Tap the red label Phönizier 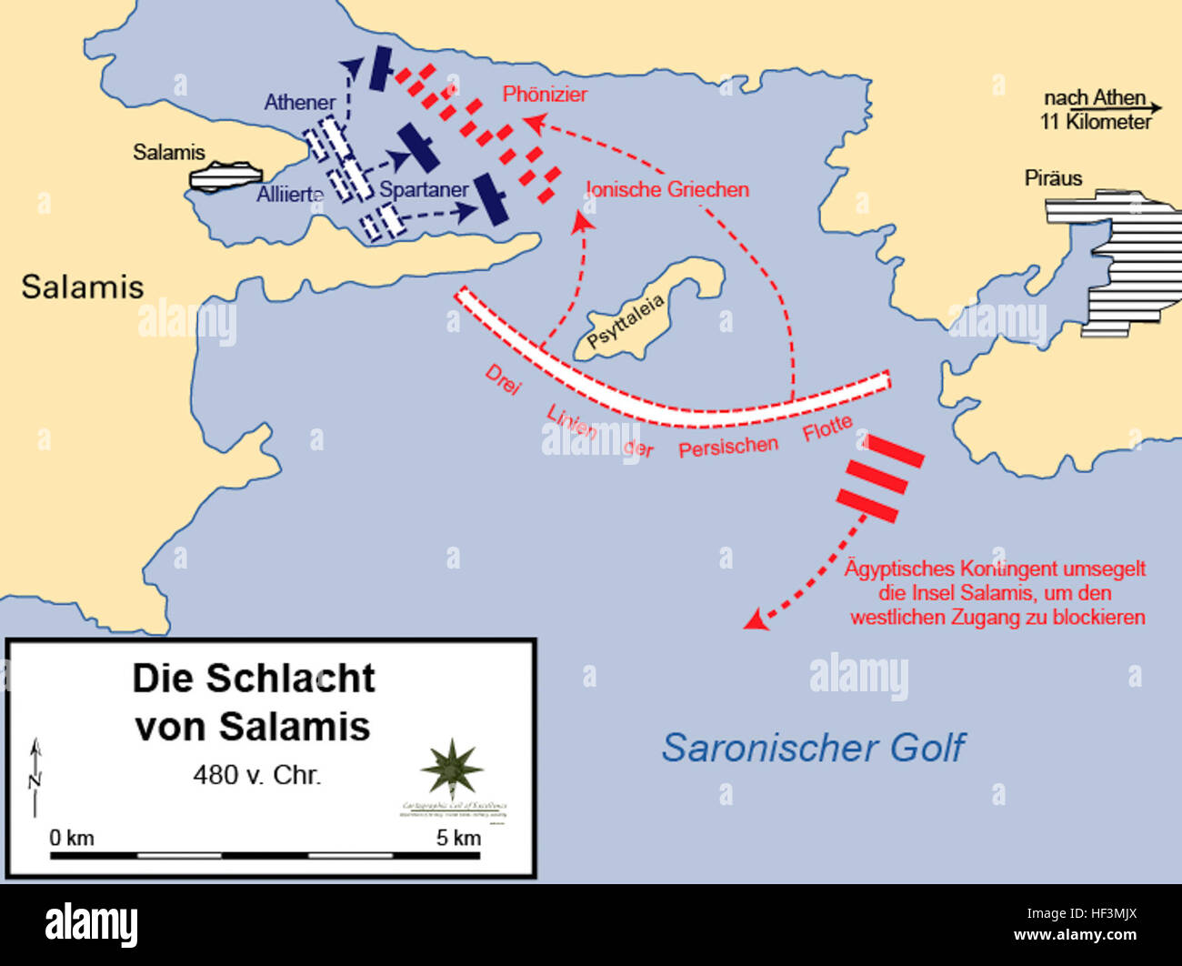(545, 94)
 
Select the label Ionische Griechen (668, 189)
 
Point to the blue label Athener (299, 102)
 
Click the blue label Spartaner (424, 189)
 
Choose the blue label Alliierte (290, 194)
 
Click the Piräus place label (1053, 177)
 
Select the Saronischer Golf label (813, 748)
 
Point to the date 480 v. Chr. (257, 775)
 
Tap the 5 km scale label (458, 838)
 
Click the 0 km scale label (72, 838)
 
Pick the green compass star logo (452, 770)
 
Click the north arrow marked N (36, 778)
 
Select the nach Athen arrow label (1097, 109)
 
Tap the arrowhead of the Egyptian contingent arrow (753, 620)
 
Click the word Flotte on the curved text (827, 428)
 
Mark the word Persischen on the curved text (728, 447)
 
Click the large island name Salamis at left (83, 287)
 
